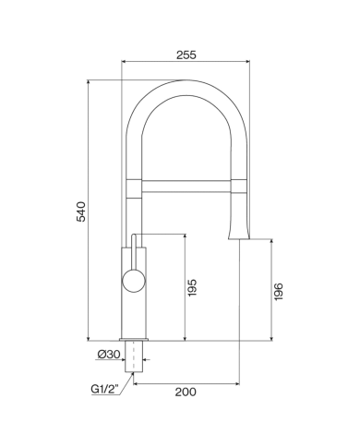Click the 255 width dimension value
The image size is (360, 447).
pos(186,54)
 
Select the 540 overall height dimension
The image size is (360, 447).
pos(81,211)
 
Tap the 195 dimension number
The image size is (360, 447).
pos(192,287)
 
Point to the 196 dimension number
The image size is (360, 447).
pos(278,292)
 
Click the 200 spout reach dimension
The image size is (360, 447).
pos(186,392)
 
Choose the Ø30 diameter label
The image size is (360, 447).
pos(109,355)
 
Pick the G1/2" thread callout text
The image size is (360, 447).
pos(105,389)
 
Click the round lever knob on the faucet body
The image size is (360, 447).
pos(134,281)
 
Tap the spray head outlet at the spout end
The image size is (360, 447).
pos(239,233)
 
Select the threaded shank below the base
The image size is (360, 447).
pos(134,356)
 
